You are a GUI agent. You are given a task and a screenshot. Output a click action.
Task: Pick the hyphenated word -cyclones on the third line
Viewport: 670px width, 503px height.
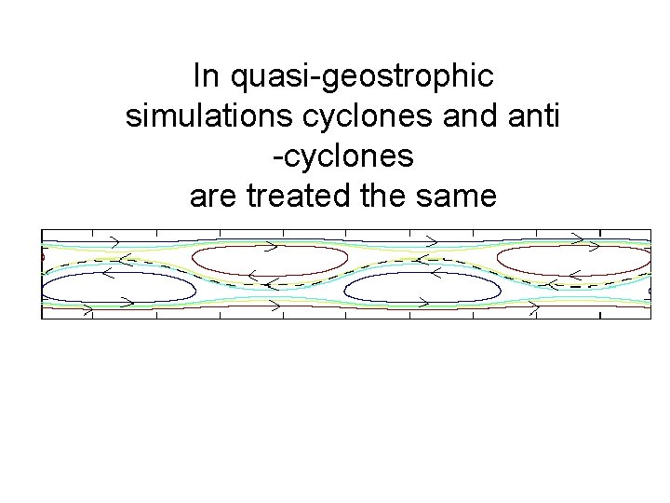(342, 156)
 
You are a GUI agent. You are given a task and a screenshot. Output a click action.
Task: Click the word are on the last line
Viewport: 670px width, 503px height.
(211, 197)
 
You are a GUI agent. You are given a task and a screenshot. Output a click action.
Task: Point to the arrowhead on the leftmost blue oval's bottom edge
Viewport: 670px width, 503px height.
(88, 304)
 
